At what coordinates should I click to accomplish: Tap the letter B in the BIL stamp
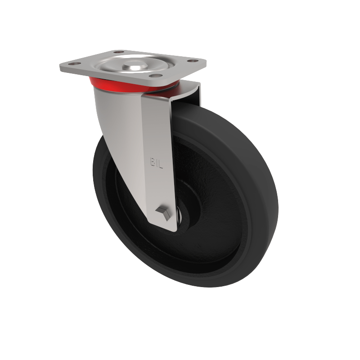tap(152, 160)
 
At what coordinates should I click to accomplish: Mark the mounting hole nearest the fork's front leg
tap(155, 76)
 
